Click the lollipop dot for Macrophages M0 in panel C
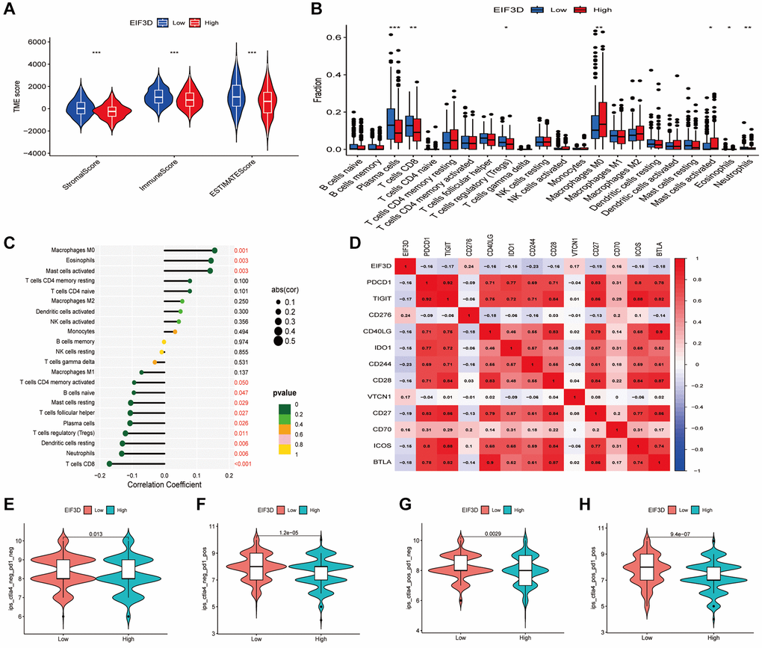[214, 251]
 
